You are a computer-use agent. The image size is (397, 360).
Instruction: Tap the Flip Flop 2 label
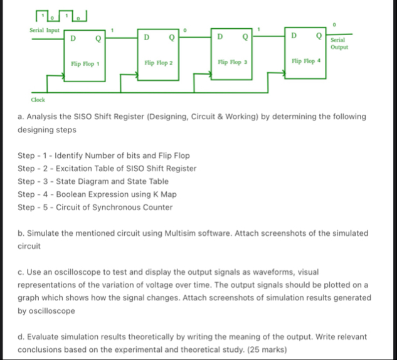(x=158, y=63)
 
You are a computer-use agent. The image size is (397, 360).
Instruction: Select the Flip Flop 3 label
(x=232, y=63)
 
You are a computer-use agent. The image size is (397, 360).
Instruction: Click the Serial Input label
(x=45, y=30)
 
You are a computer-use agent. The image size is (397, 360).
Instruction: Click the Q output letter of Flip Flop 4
(x=320, y=35)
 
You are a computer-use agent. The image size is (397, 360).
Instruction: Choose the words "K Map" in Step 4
(x=161, y=194)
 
